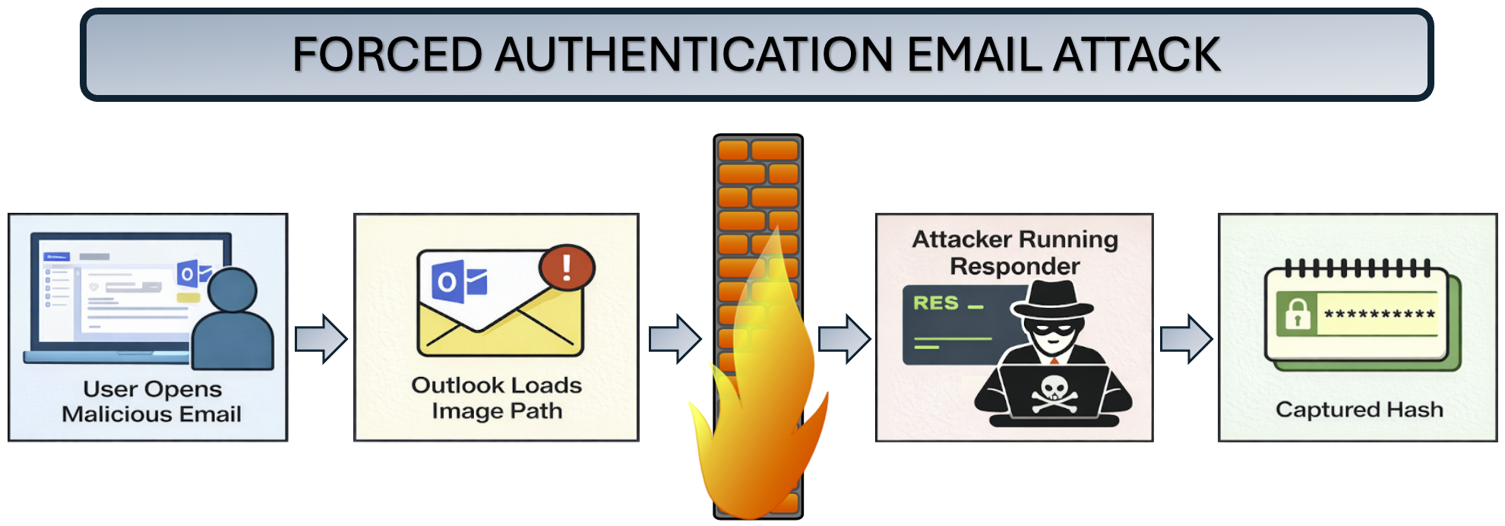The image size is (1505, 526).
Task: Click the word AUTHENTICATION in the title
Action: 694,55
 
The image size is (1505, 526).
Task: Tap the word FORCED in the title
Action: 387,55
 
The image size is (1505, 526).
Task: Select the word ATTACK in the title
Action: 1137,55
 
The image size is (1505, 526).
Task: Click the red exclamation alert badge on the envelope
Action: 567,268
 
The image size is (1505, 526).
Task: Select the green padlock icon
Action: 1298,313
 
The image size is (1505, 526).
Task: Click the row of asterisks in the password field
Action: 1379,314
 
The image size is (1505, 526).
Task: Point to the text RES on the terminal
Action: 935,303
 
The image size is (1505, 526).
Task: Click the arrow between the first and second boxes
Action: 321,338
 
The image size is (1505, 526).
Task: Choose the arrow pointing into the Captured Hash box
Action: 1186,338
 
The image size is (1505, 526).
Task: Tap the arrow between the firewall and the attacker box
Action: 844,338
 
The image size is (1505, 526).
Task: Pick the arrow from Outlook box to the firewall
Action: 675,338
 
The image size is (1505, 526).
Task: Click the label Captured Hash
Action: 1358,410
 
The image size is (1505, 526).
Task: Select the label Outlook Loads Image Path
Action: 497,398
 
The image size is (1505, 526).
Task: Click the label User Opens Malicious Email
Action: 152,401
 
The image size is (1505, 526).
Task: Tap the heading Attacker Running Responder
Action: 1015,252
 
